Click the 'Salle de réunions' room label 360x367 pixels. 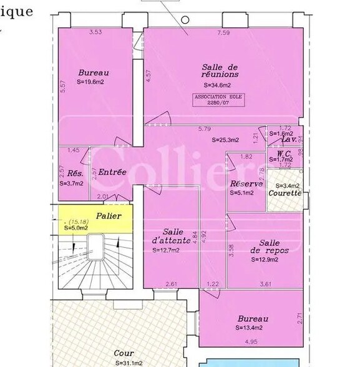(221, 71)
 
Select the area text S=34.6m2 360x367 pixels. (217, 85)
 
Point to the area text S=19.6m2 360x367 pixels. (90, 81)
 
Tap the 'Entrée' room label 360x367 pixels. (112, 172)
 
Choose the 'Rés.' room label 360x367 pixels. (75, 173)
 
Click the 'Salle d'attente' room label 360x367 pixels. (168, 236)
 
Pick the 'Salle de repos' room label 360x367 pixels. (269, 247)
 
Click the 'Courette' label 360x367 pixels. (285, 193)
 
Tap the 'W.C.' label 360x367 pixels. (285, 154)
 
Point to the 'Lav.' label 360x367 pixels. (288, 140)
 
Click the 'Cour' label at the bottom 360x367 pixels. (124, 353)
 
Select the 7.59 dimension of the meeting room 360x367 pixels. (223, 32)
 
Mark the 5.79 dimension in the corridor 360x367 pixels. (204, 129)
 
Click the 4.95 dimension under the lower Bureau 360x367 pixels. (251, 341)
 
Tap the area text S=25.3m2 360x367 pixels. (225, 140)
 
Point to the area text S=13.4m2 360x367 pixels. (249, 327)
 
